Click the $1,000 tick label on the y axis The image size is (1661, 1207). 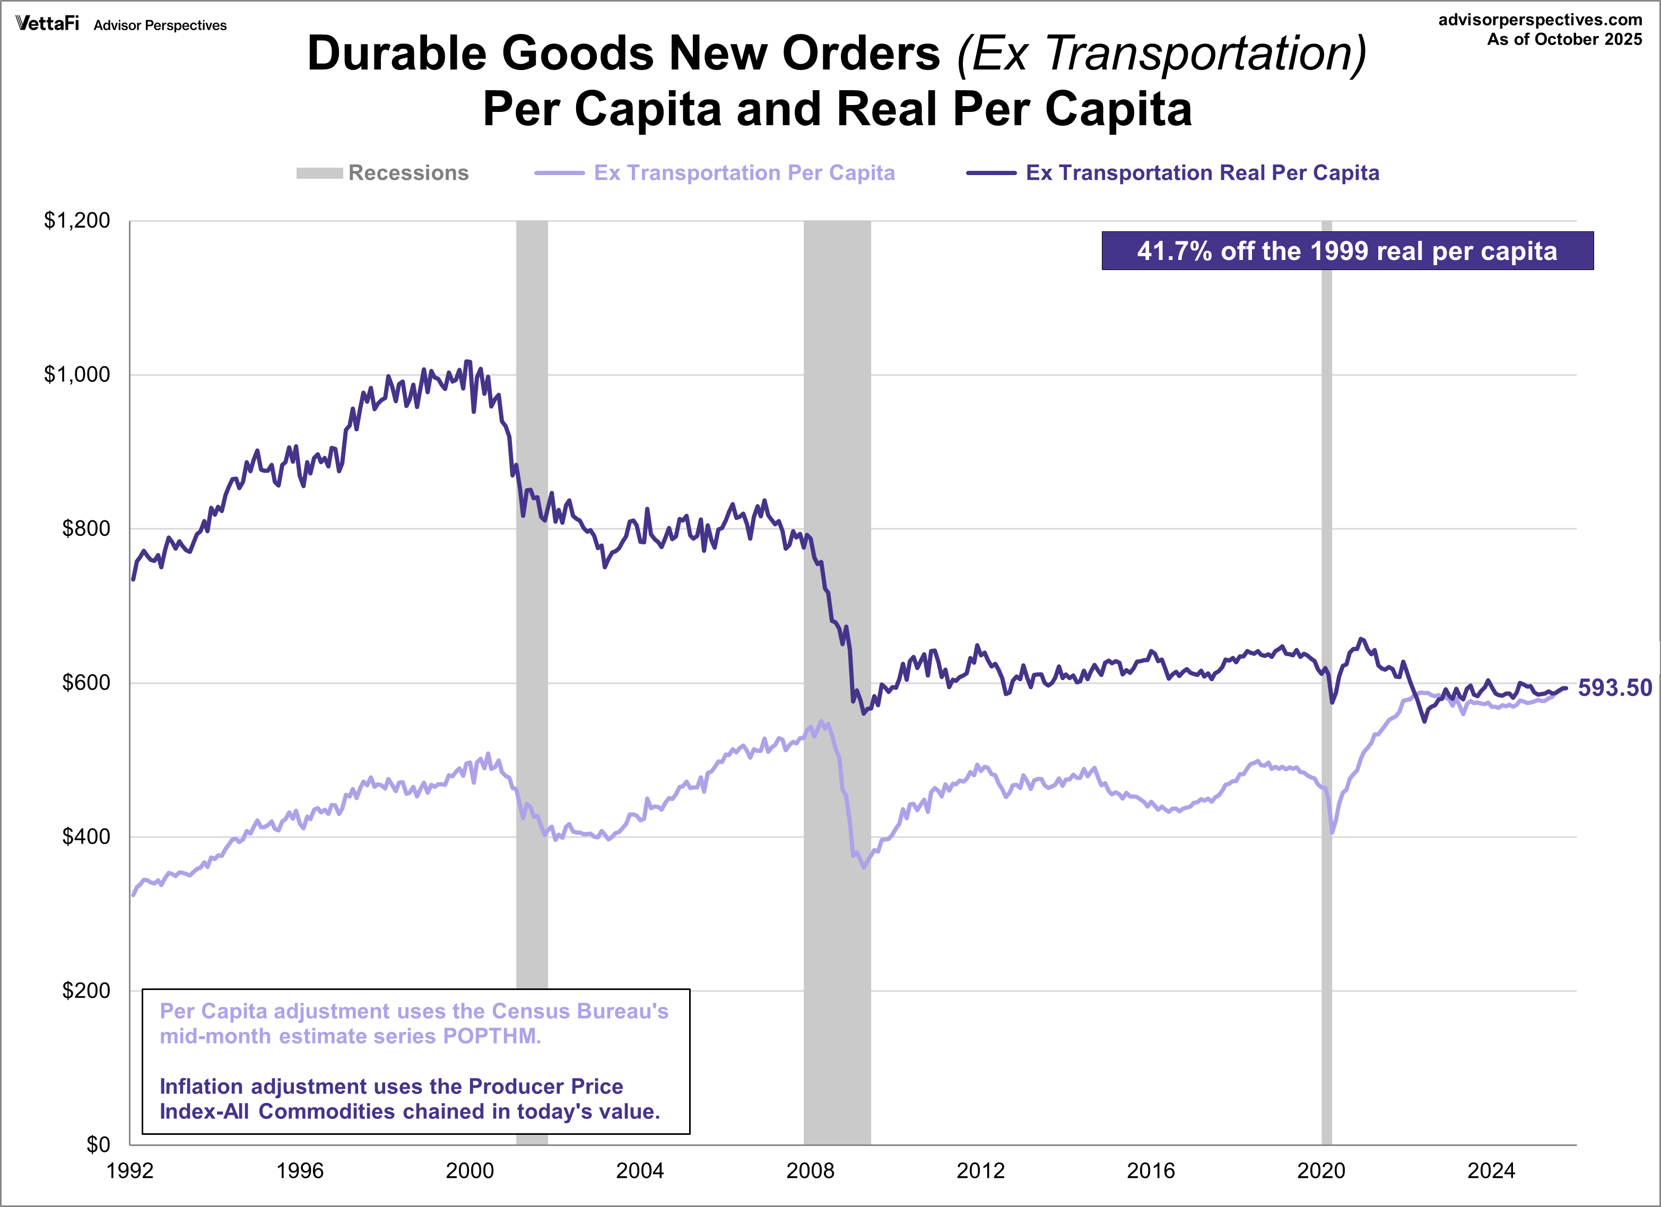tap(77, 374)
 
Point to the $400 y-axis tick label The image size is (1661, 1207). tap(86, 836)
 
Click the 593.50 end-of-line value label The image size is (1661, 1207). tap(1615, 688)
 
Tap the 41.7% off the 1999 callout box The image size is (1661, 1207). tap(1347, 251)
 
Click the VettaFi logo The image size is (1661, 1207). tap(47, 23)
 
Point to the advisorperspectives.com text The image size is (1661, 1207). tap(1540, 20)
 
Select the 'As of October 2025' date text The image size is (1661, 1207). tap(1564, 40)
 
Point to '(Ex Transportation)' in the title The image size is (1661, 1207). tap(1161, 54)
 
